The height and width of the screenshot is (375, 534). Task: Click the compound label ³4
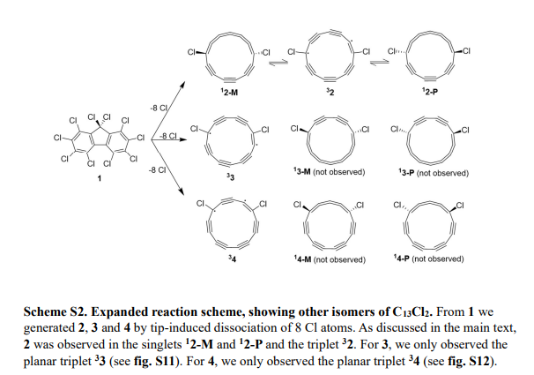click(x=232, y=258)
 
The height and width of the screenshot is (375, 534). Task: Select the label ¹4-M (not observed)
click(x=330, y=259)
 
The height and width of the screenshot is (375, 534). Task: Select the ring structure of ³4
click(x=232, y=224)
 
